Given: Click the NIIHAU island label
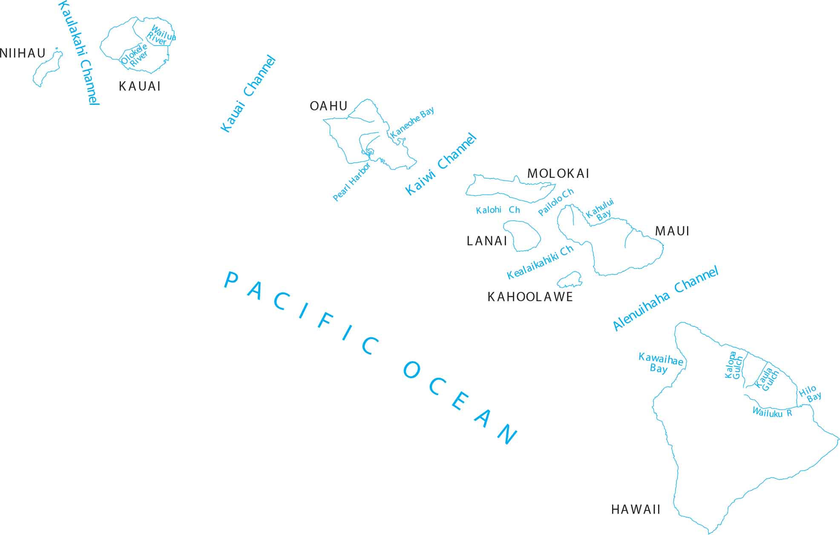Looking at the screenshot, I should pos(23,54).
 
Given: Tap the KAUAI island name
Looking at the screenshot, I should pos(140,86).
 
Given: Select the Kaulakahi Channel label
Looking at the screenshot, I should pos(79,53).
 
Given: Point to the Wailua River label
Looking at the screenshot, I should pos(161,35).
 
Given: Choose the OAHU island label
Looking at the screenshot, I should pos(328,106).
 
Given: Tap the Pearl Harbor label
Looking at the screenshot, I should pos(351,182).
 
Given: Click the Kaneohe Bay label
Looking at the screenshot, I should pos(412,122).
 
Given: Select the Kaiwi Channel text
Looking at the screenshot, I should pos(440,164).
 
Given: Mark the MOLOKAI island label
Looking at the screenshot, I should pos(558,174).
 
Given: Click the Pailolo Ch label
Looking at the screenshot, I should pos(556,202).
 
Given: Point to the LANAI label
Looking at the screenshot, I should pos(487,241).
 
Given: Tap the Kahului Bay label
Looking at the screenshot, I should pos(601,210).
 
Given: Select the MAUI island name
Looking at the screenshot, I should pos(672,231).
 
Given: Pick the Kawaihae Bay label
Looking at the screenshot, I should pos(660,363).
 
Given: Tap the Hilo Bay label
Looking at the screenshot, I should pos(810,394).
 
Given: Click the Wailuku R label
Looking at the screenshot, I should pos(772,412).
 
